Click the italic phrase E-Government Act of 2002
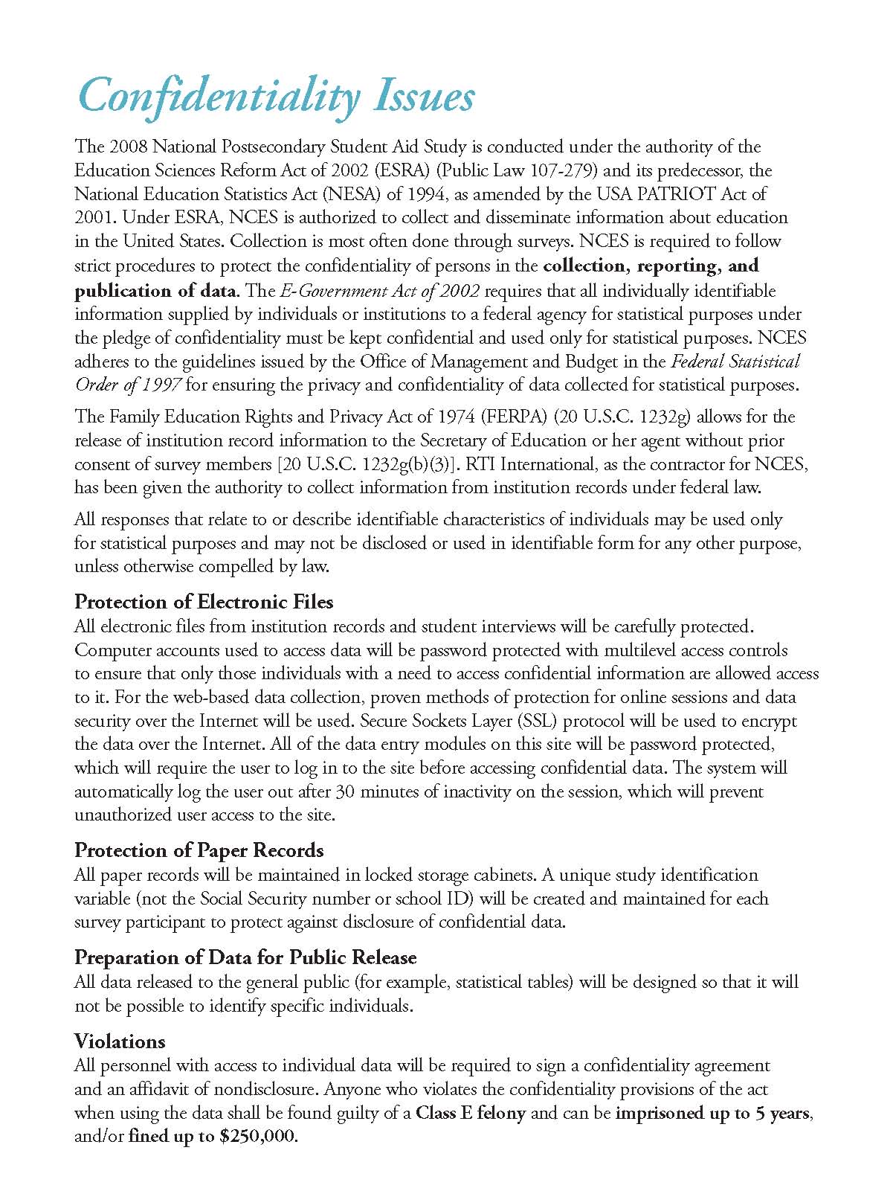pyautogui.click(x=379, y=290)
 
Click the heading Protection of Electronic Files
pyautogui.click(x=204, y=602)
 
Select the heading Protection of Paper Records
pyautogui.click(x=199, y=850)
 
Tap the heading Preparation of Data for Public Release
pyautogui.click(x=245, y=957)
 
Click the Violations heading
pyautogui.click(x=120, y=1041)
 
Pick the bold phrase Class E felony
pyautogui.click(x=471, y=1114)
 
